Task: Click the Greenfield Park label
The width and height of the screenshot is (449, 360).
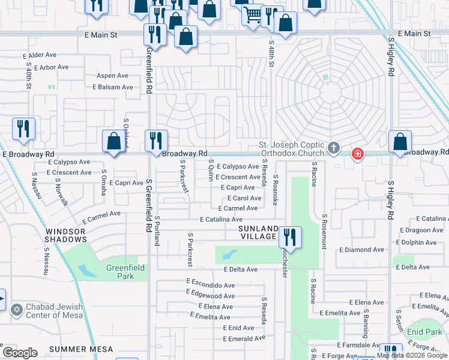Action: coord(120,272)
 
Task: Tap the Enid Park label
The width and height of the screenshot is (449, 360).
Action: coord(424,332)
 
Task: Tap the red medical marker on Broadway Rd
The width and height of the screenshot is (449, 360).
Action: coord(358,154)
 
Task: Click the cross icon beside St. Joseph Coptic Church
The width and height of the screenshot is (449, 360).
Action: coord(334,147)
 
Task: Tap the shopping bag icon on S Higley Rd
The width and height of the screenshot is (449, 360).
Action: coord(400,142)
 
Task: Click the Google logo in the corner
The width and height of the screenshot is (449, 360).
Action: coord(20,353)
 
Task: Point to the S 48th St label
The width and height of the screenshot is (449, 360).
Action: coord(271,53)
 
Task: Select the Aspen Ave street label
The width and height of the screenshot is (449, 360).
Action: coord(112,76)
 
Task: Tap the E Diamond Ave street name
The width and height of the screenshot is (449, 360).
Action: coord(361,250)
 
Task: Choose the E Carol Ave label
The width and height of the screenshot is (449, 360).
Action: coord(243,198)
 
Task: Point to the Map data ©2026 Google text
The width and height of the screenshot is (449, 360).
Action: coord(412,356)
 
